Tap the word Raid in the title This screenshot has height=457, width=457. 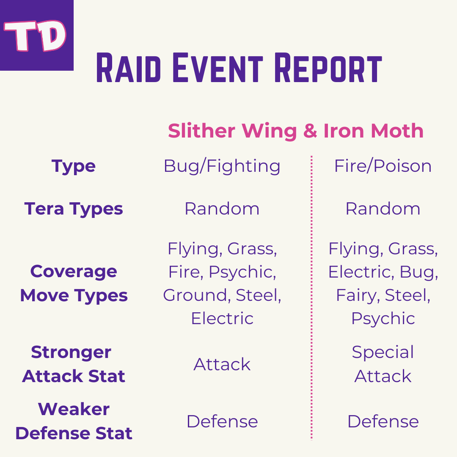(x=129, y=68)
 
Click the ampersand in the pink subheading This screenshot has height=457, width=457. (x=310, y=131)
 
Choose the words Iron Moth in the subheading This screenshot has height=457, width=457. (x=373, y=131)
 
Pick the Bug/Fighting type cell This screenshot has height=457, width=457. (x=222, y=166)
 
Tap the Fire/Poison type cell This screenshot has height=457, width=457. (x=383, y=166)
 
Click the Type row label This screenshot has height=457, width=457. (x=74, y=166)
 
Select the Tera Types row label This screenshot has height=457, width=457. (x=74, y=209)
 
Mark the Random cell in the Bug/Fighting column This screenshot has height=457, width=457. (x=222, y=209)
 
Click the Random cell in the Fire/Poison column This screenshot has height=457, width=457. (x=383, y=209)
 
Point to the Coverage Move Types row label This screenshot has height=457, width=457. (x=74, y=284)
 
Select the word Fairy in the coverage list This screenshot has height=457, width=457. (x=357, y=295)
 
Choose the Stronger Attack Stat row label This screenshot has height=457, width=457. (x=74, y=364)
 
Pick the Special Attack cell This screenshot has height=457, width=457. (x=383, y=364)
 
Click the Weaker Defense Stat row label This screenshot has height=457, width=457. (x=74, y=421)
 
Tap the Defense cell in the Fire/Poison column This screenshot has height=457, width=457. (x=383, y=421)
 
